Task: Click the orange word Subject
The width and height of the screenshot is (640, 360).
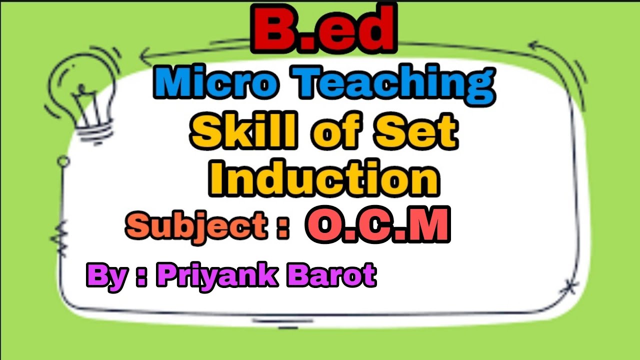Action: (195, 226)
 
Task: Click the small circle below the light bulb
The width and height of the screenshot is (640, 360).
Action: (63, 161)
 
